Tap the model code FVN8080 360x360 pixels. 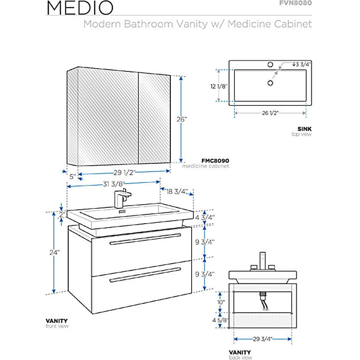(x=296, y=3)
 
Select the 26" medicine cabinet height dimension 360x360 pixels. (x=182, y=119)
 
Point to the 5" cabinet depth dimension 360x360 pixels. (x=72, y=176)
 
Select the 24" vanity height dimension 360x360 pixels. (x=55, y=253)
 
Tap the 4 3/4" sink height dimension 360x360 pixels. (x=205, y=216)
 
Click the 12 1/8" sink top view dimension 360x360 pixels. (x=219, y=85)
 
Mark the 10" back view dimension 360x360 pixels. (x=221, y=302)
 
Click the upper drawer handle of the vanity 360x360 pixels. (x=145, y=238)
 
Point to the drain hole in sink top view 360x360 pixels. (x=269, y=83)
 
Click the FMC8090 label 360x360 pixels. (x=215, y=161)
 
